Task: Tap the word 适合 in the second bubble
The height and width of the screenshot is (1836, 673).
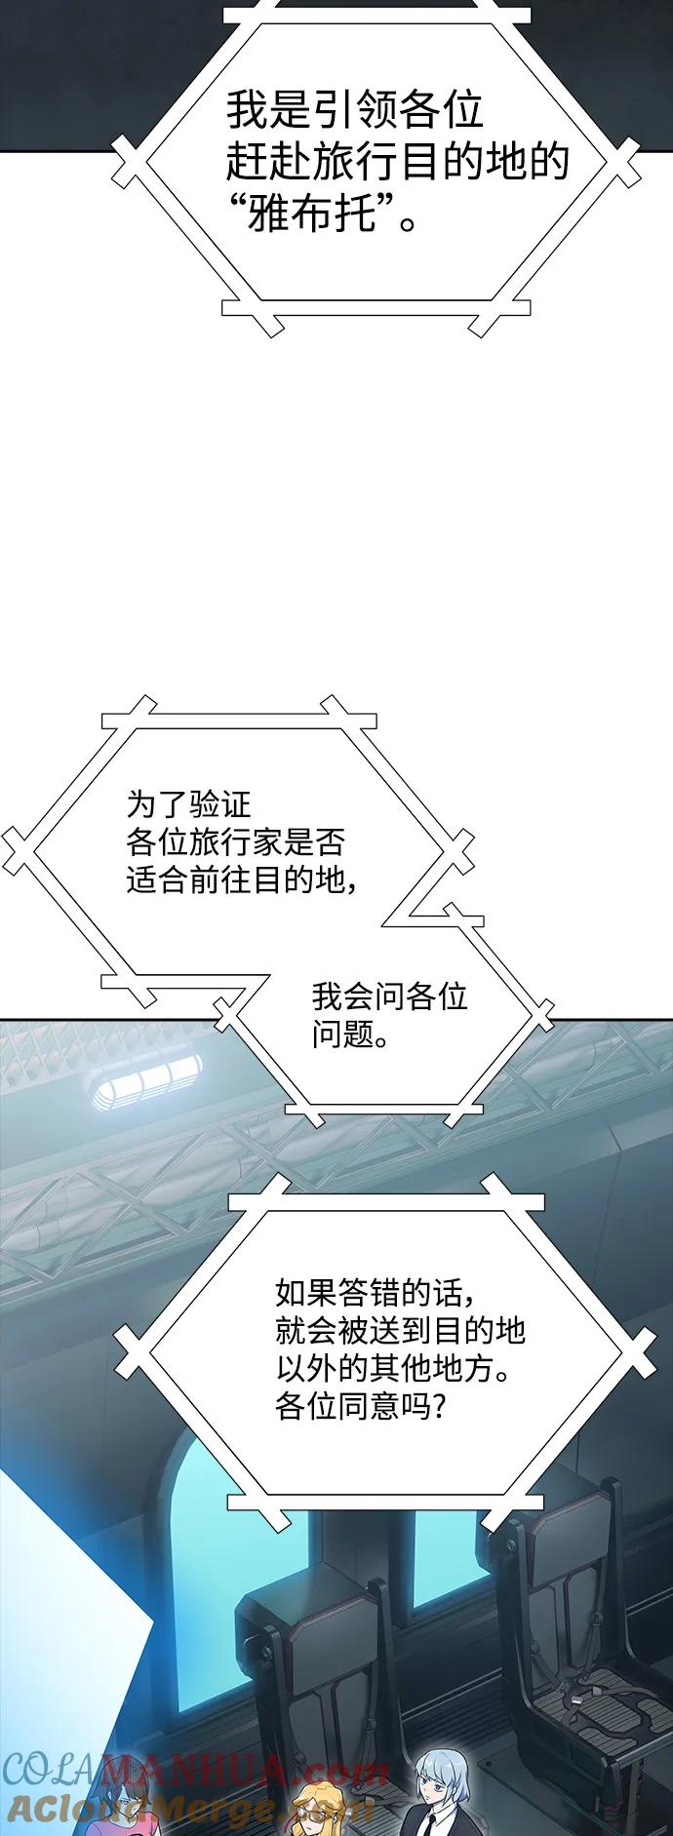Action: pos(158,879)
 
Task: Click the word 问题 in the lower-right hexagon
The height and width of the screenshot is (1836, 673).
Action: pos(343,1035)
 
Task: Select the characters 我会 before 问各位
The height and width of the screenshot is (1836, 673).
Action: pos(343,996)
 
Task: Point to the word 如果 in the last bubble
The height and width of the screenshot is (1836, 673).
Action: pos(306,1293)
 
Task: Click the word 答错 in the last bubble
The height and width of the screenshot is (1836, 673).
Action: pos(369,1293)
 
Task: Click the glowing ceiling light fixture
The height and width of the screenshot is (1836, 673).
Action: pos(146,1083)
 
